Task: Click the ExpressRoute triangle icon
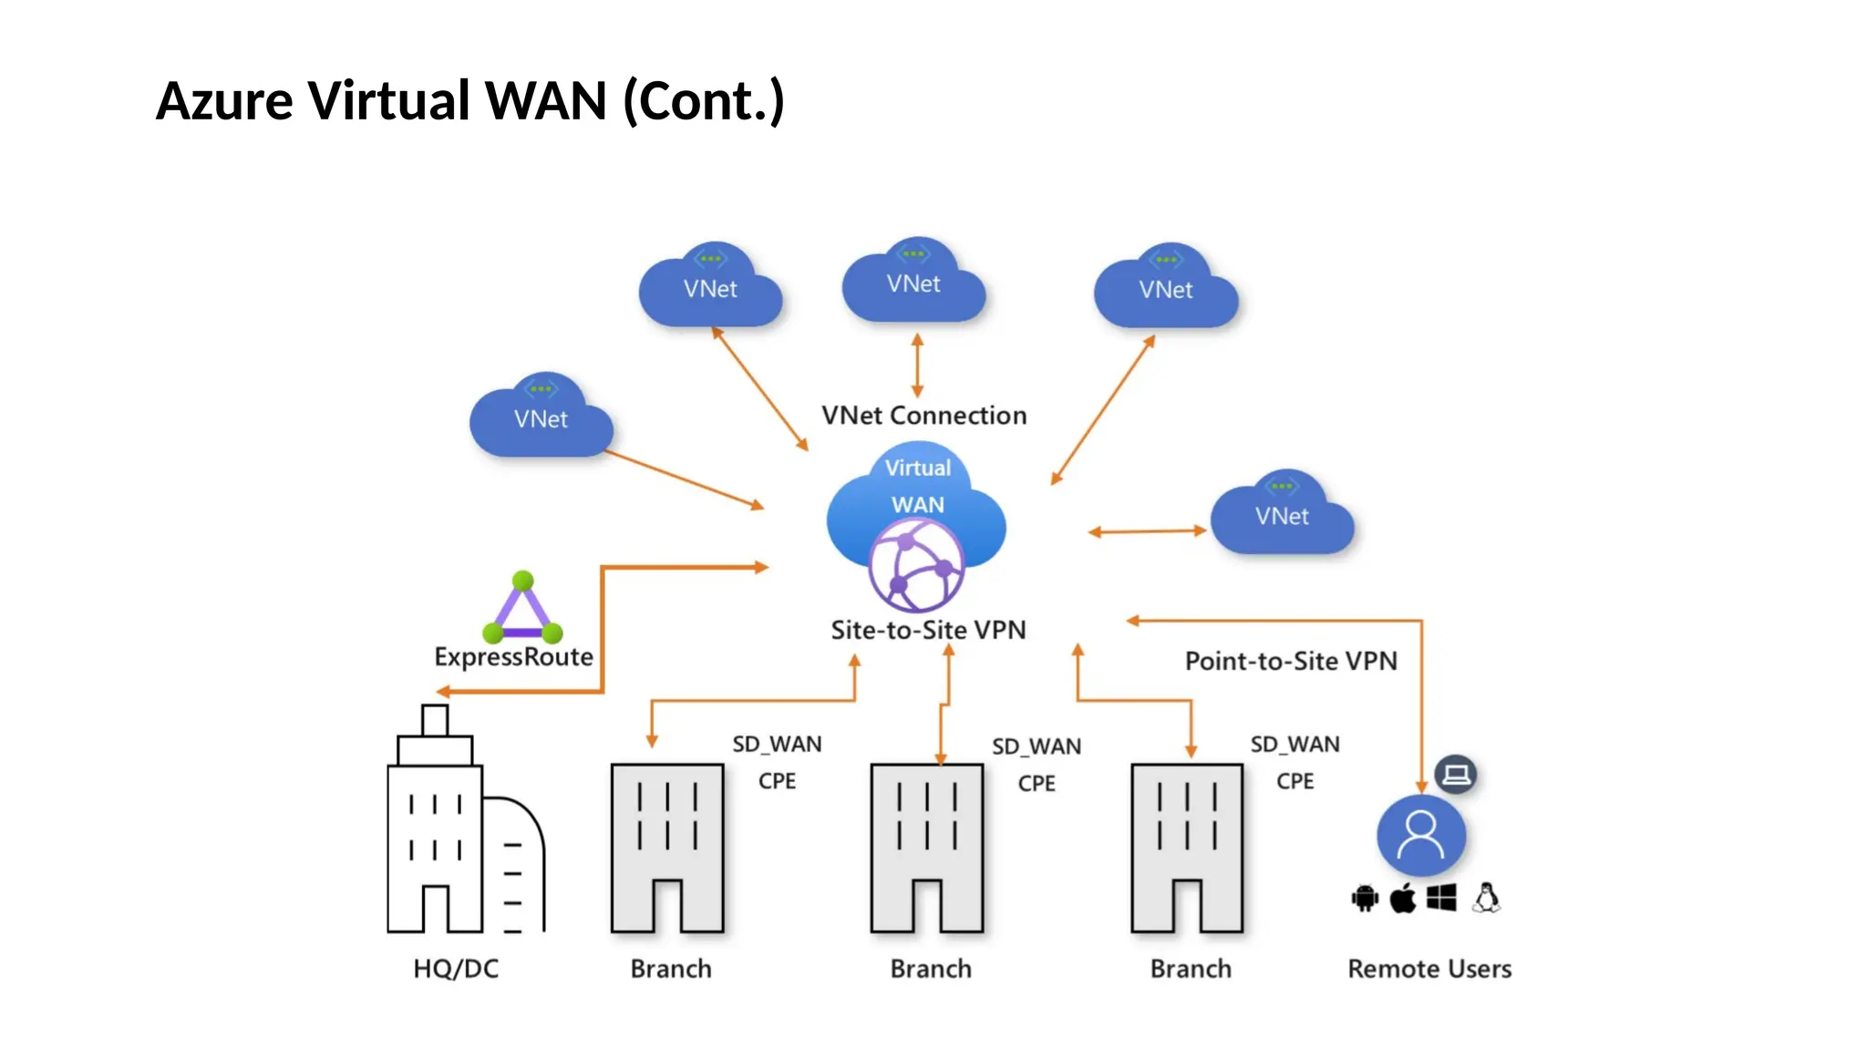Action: point(522,609)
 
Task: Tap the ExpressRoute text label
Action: point(513,656)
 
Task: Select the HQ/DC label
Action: point(456,968)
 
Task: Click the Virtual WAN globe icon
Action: point(915,565)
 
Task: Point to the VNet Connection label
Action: point(923,416)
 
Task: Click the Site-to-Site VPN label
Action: point(928,630)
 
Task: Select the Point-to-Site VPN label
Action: point(1290,661)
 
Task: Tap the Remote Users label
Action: point(1429,968)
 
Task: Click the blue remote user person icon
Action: point(1420,835)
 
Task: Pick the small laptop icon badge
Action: point(1456,775)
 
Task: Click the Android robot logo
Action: point(1365,899)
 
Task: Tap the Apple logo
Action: point(1403,899)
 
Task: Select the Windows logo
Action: point(1441,899)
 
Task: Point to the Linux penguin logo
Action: point(1487,898)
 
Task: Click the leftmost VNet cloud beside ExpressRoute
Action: point(541,417)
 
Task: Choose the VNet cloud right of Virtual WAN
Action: point(1282,515)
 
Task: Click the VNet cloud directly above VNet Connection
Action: point(913,283)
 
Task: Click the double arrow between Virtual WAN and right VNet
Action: point(1147,531)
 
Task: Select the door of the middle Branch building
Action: point(927,906)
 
